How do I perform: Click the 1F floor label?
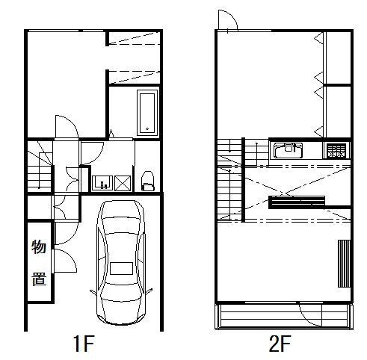click(x=84, y=344)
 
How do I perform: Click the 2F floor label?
click(x=280, y=344)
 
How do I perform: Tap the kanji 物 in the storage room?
click(x=39, y=246)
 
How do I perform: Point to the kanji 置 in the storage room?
click(x=39, y=279)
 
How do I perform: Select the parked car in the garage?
click(x=121, y=263)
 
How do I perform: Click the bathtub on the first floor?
click(x=147, y=113)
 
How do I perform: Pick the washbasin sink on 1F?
click(x=102, y=183)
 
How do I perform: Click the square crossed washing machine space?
click(x=123, y=183)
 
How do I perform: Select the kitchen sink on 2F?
click(x=288, y=150)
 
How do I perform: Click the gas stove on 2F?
click(x=336, y=151)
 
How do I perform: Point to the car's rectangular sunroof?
click(x=121, y=268)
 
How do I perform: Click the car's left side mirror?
click(x=93, y=293)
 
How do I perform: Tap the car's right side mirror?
click(x=149, y=292)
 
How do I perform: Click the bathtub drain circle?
click(x=147, y=129)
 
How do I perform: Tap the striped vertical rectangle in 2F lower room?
click(x=344, y=264)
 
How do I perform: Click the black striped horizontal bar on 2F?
click(x=297, y=202)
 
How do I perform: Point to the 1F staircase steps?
click(x=40, y=166)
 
